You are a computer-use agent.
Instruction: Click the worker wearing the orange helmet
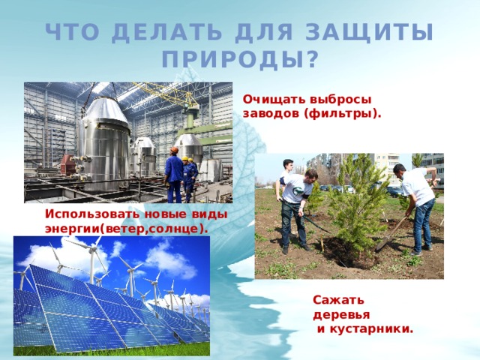[174, 172]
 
